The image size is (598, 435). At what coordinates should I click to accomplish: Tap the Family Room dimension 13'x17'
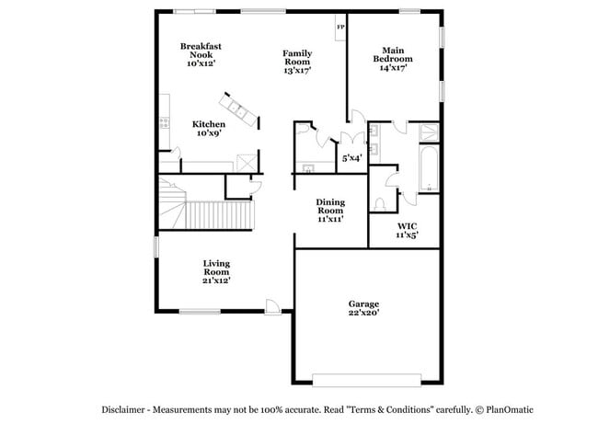[297, 70]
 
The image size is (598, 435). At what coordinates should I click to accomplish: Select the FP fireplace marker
[340, 27]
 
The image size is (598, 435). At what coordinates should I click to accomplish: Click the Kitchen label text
[208, 124]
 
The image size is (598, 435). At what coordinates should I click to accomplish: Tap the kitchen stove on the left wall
[163, 120]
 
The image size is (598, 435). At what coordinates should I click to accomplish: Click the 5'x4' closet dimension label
[351, 158]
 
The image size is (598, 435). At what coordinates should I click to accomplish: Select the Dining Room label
[329, 207]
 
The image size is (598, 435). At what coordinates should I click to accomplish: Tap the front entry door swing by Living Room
[271, 305]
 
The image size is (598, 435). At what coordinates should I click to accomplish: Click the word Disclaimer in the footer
[126, 408]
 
